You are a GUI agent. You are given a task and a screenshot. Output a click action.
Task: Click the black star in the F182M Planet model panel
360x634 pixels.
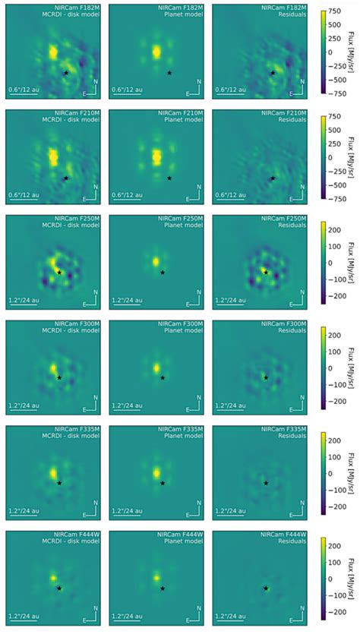(169, 73)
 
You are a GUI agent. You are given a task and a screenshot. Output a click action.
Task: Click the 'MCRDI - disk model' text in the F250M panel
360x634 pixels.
(70, 227)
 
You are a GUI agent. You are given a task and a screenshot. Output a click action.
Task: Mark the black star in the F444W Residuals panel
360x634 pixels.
(266, 588)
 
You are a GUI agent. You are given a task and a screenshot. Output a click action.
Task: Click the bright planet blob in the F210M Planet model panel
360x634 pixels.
(156, 156)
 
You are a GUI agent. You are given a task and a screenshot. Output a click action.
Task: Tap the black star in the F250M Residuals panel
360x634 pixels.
(266, 272)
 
